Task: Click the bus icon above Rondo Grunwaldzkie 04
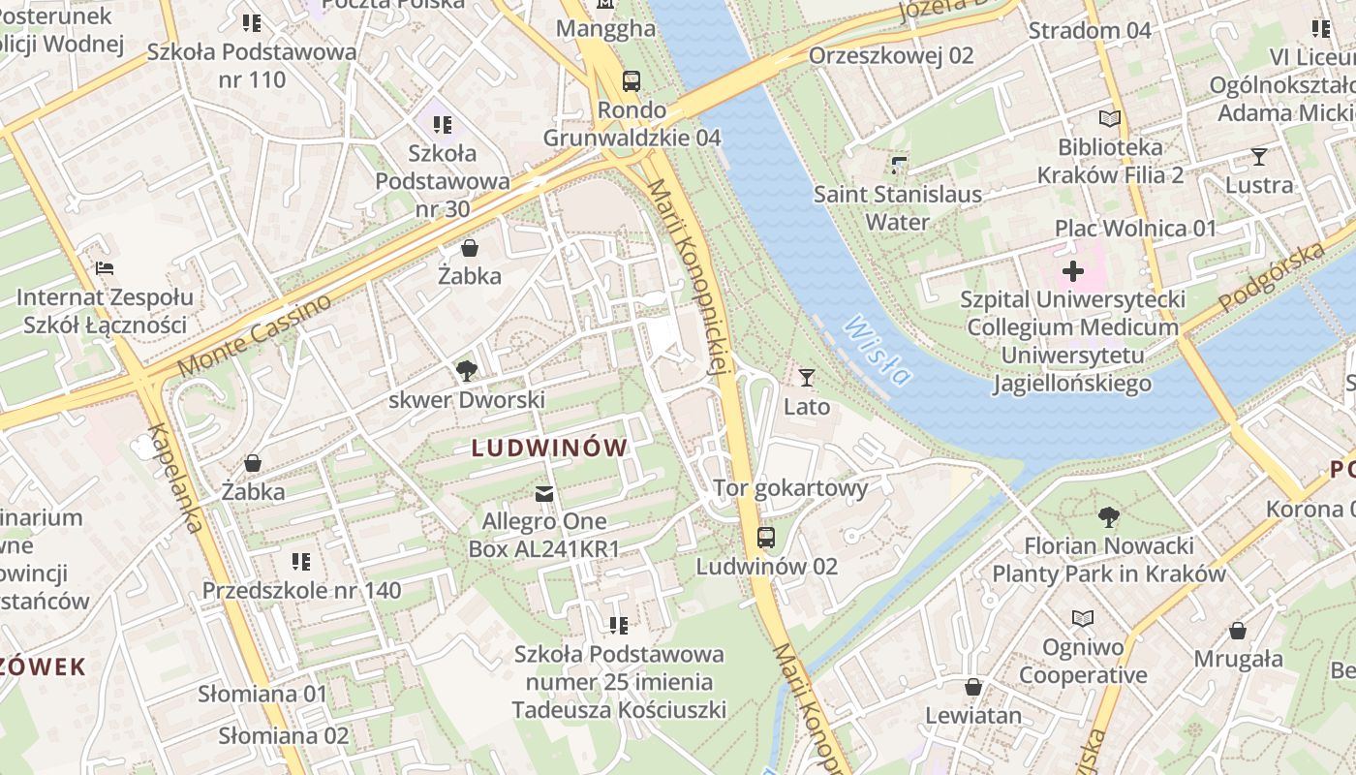coord(632,80)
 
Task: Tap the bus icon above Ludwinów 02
coord(766,537)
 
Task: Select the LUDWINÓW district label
coord(549,448)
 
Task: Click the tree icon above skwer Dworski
coord(467,370)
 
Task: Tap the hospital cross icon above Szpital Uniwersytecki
coord(1073,271)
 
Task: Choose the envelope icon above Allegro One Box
coord(544,494)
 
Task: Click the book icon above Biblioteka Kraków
coord(1110,119)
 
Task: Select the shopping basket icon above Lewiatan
coord(973,687)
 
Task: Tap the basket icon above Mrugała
coord(1238,631)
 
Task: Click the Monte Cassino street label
coord(254,334)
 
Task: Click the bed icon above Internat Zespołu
coord(105,267)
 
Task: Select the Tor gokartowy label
coord(790,487)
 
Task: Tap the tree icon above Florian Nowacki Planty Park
coord(1109,516)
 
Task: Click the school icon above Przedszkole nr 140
coord(301,561)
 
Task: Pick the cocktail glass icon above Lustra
coord(1259,156)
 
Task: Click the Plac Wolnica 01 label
coord(1135,229)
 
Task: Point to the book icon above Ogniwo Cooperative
coord(1083,618)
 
